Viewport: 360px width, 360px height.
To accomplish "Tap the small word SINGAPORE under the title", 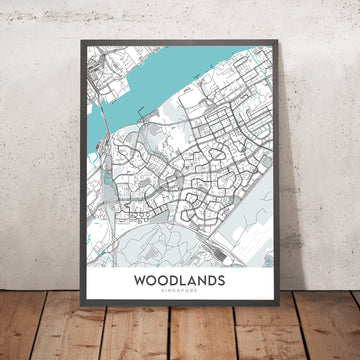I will pyautogui.click(x=180, y=296).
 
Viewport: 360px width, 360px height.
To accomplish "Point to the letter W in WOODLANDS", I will pyautogui.click(x=138, y=283).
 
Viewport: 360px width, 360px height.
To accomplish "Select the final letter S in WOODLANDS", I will pyautogui.click(x=221, y=283).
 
